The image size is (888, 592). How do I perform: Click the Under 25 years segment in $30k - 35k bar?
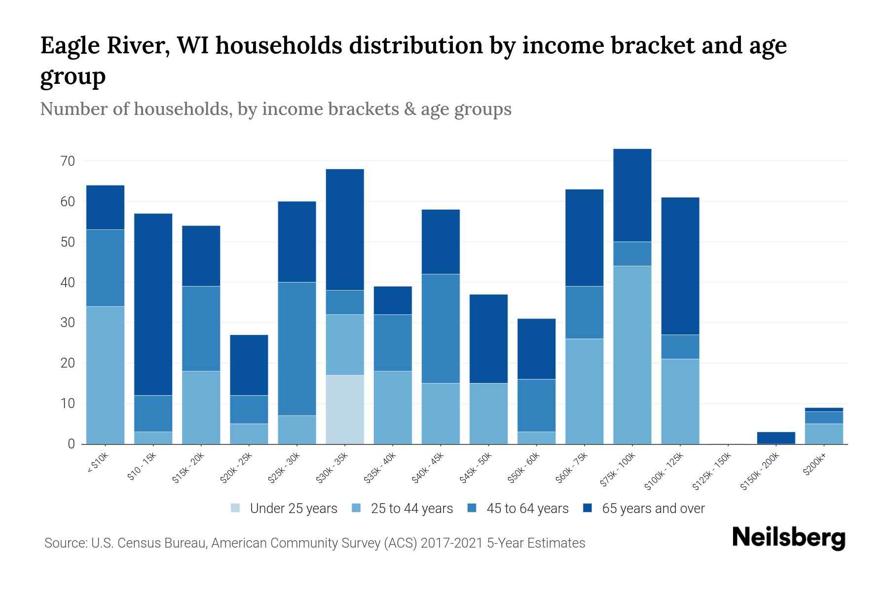click(345, 409)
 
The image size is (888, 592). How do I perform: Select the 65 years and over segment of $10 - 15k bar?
click(153, 304)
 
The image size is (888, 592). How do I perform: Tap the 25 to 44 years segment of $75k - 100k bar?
click(632, 355)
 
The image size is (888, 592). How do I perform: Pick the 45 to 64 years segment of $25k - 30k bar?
click(297, 349)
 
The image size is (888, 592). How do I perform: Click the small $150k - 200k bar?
click(776, 438)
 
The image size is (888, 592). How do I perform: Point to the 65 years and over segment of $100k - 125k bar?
click(680, 266)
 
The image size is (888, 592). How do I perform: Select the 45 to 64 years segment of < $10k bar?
click(105, 268)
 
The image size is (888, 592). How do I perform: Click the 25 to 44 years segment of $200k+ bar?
click(824, 434)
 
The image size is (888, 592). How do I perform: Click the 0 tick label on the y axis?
click(71, 444)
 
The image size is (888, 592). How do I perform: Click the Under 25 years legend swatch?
click(236, 508)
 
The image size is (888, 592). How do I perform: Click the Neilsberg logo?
click(788, 538)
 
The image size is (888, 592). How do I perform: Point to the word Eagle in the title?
click(67, 46)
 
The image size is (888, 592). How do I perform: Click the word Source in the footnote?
click(64, 543)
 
